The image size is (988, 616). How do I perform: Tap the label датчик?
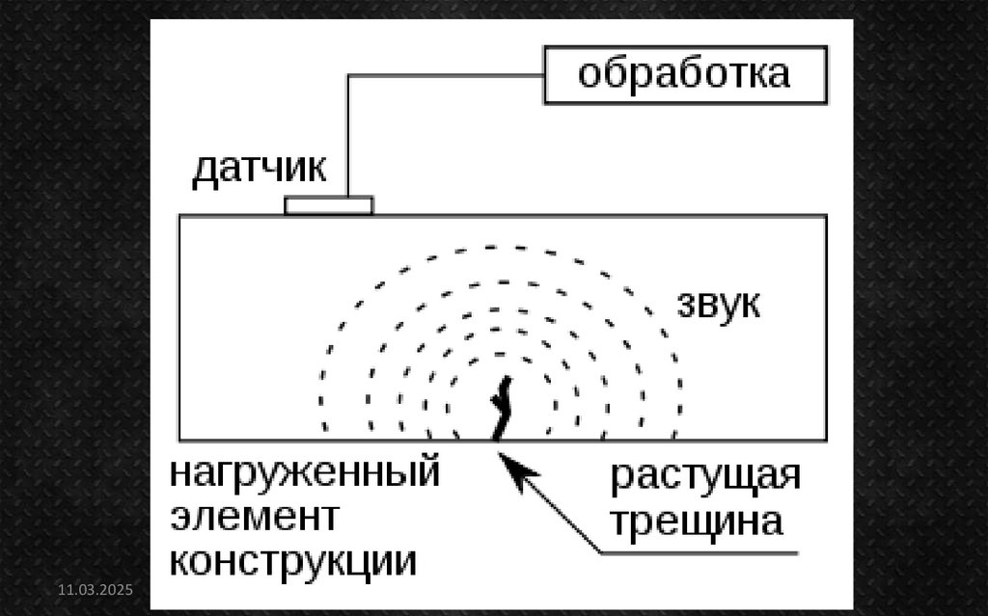[x=259, y=170]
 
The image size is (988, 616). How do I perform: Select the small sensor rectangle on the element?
[x=329, y=205]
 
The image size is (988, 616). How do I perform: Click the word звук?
[x=718, y=305]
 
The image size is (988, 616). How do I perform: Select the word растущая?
[x=705, y=478]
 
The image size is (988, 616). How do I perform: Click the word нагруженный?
[x=305, y=475]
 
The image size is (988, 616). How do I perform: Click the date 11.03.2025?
[x=95, y=589]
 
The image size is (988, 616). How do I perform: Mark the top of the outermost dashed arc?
[x=502, y=248]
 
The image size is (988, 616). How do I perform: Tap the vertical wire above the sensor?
[x=347, y=135]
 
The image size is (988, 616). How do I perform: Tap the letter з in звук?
[x=684, y=306]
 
